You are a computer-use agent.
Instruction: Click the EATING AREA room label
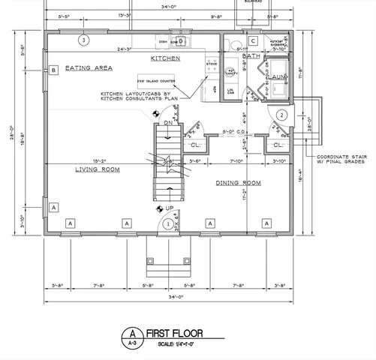tap(89, 68)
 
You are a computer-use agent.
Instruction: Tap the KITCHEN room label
tap(165, 58)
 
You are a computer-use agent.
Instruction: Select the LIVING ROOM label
tap(98, 169)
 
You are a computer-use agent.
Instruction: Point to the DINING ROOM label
tap(238, 183)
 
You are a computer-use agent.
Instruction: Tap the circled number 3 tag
tap(84, 40)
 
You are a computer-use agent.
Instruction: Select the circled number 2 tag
tap(281, 115)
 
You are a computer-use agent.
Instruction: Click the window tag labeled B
tap(54, 71)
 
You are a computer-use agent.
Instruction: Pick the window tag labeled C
tap(253, 40)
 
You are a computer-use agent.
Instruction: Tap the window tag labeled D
tap(179, 40)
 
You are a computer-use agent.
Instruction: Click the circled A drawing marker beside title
tap(132, 333)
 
